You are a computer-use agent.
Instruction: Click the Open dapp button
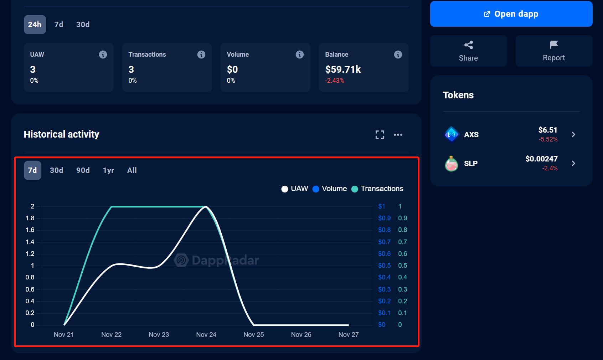tap(511, 14)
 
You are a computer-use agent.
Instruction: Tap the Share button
tap(468, 51)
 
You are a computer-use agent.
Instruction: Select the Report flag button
tap(554, 51)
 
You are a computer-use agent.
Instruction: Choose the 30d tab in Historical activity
tap(56, 170)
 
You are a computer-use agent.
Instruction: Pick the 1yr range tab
tap(108, 170)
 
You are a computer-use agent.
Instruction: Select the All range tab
tap(132, 170)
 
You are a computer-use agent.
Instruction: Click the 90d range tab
tap(83, 170)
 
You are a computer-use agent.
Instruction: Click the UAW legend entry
tap(295, 189)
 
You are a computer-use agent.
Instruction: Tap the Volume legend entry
tap(330, 189)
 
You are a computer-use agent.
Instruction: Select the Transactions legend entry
tap(377, 189)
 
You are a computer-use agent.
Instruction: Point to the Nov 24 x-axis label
tap(206, 335)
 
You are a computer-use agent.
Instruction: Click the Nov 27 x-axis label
tap(348, 335)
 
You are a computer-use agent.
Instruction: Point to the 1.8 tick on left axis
tap(30, 218)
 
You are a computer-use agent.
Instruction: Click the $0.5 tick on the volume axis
tap(384, 266)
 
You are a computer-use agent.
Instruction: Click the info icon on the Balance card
tap(398, 55)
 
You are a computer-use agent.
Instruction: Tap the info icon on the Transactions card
tap(201, 55)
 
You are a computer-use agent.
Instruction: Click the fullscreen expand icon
tap(380, 135)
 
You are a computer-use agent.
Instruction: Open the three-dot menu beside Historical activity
tap(398, 135)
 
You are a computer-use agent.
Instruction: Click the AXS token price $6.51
tap(547, 130)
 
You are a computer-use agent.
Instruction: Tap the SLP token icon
tap(452, 164)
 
